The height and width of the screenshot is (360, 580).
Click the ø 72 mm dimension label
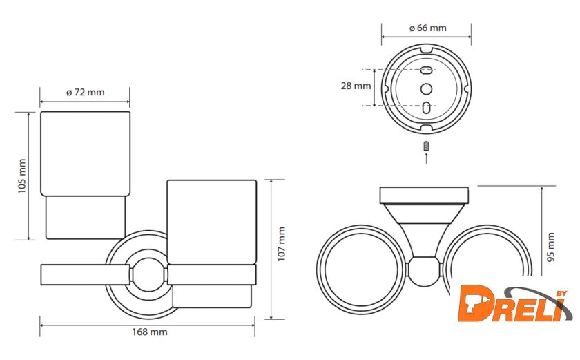click(86, 92)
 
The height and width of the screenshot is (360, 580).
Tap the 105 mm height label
click(22, 176)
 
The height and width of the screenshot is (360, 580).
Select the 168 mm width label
click(149, 332)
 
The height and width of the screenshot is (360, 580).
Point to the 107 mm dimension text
click(282, 244)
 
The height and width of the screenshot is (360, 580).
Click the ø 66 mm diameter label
click(427, 28)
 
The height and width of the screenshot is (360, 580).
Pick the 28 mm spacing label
click(356, 86)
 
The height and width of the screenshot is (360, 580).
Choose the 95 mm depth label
click(551, 247)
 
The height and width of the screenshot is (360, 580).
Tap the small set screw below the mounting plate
click(427, 146)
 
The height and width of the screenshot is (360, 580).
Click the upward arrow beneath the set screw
click(427, 158)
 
